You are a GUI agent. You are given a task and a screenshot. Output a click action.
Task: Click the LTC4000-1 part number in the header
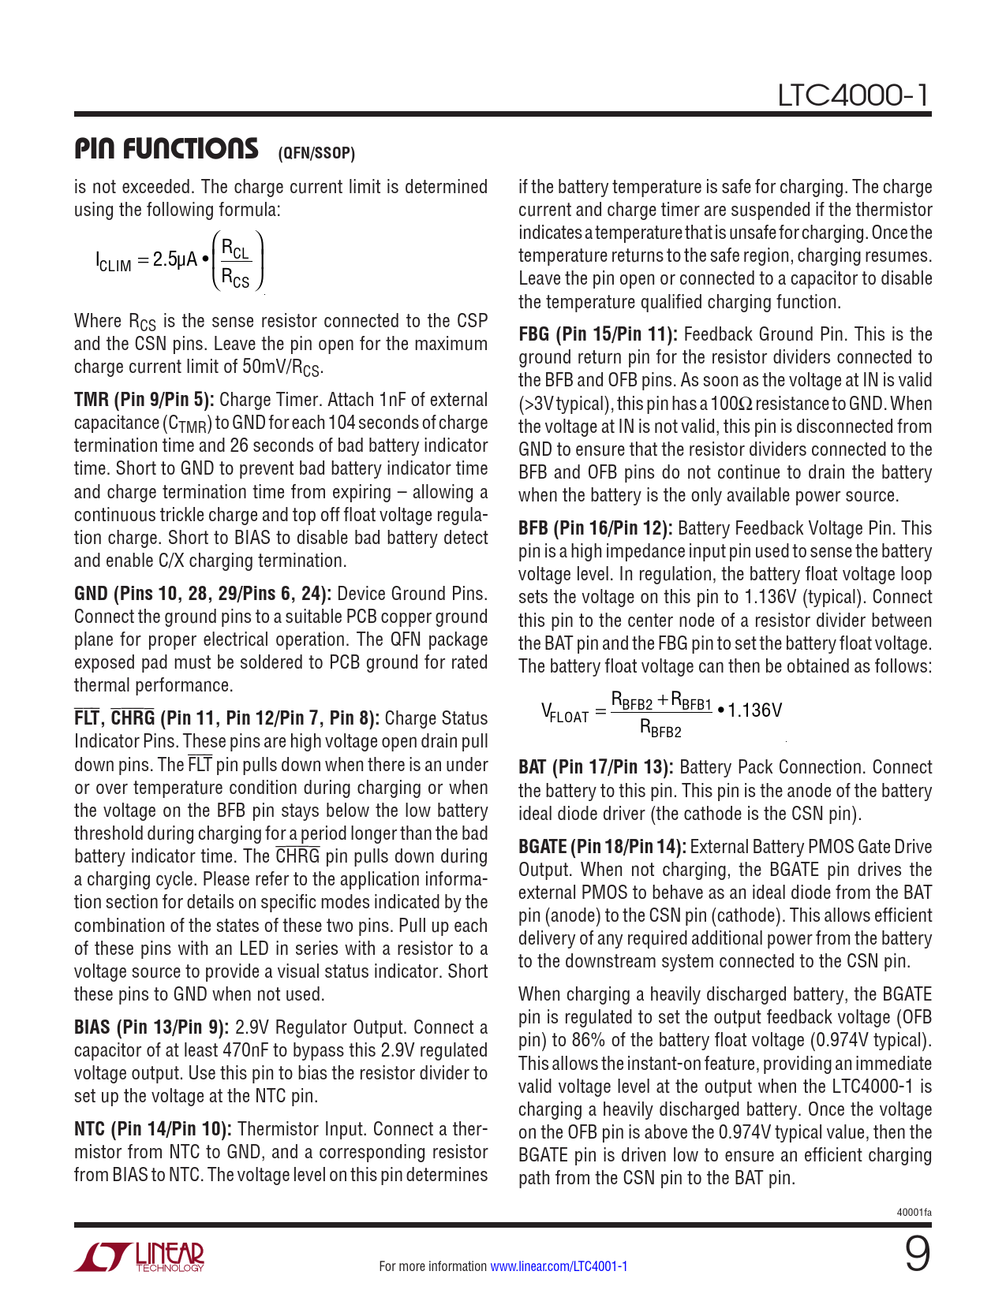click(854, 95)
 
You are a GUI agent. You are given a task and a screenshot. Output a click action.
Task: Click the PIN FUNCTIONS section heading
click(166, 148)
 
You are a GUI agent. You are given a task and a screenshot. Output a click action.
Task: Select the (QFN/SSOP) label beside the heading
click(316, 153)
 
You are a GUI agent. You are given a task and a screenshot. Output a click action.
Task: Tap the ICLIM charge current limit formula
click(179, 260)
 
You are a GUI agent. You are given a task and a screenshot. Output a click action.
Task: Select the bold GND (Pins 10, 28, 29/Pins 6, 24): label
click(203, 594)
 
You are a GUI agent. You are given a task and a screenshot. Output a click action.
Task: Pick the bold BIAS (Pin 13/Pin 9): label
click(151, 1027)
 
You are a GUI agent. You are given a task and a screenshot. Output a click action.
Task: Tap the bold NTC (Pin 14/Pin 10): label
click(152, 1129)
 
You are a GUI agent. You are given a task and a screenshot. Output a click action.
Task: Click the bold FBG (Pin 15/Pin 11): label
click(597, 334)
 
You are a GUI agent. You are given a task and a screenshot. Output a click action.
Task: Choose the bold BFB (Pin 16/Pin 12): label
click(595, 528)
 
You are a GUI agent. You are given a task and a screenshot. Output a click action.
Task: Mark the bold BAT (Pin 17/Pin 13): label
click(596, 767)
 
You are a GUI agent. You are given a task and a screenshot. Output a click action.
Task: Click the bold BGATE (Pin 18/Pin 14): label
click(601, 847)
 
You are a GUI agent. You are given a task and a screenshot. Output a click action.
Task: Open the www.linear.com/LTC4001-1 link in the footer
click(559, 1266)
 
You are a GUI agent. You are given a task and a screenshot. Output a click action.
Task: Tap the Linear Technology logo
click(140, 1257)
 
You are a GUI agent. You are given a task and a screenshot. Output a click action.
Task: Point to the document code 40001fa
click(914, 1212)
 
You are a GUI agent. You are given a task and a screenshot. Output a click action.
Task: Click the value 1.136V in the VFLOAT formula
click(754, 710)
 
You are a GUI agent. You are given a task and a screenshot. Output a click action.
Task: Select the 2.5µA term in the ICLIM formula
click(174, 259)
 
